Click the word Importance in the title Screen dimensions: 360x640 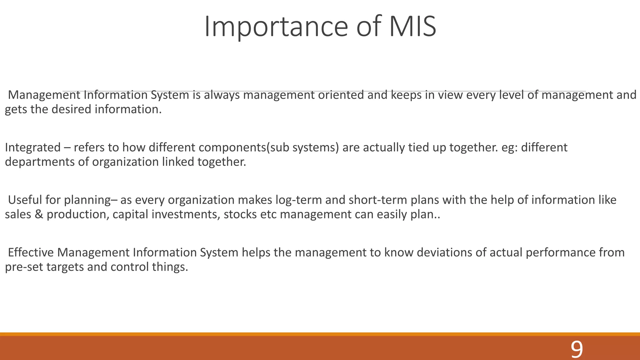[276, 27]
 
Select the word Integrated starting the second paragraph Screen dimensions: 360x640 [33, 147]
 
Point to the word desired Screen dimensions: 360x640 [71, 109]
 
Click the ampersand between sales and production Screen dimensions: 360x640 [39, 214]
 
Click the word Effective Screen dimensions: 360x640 [31, 252]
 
